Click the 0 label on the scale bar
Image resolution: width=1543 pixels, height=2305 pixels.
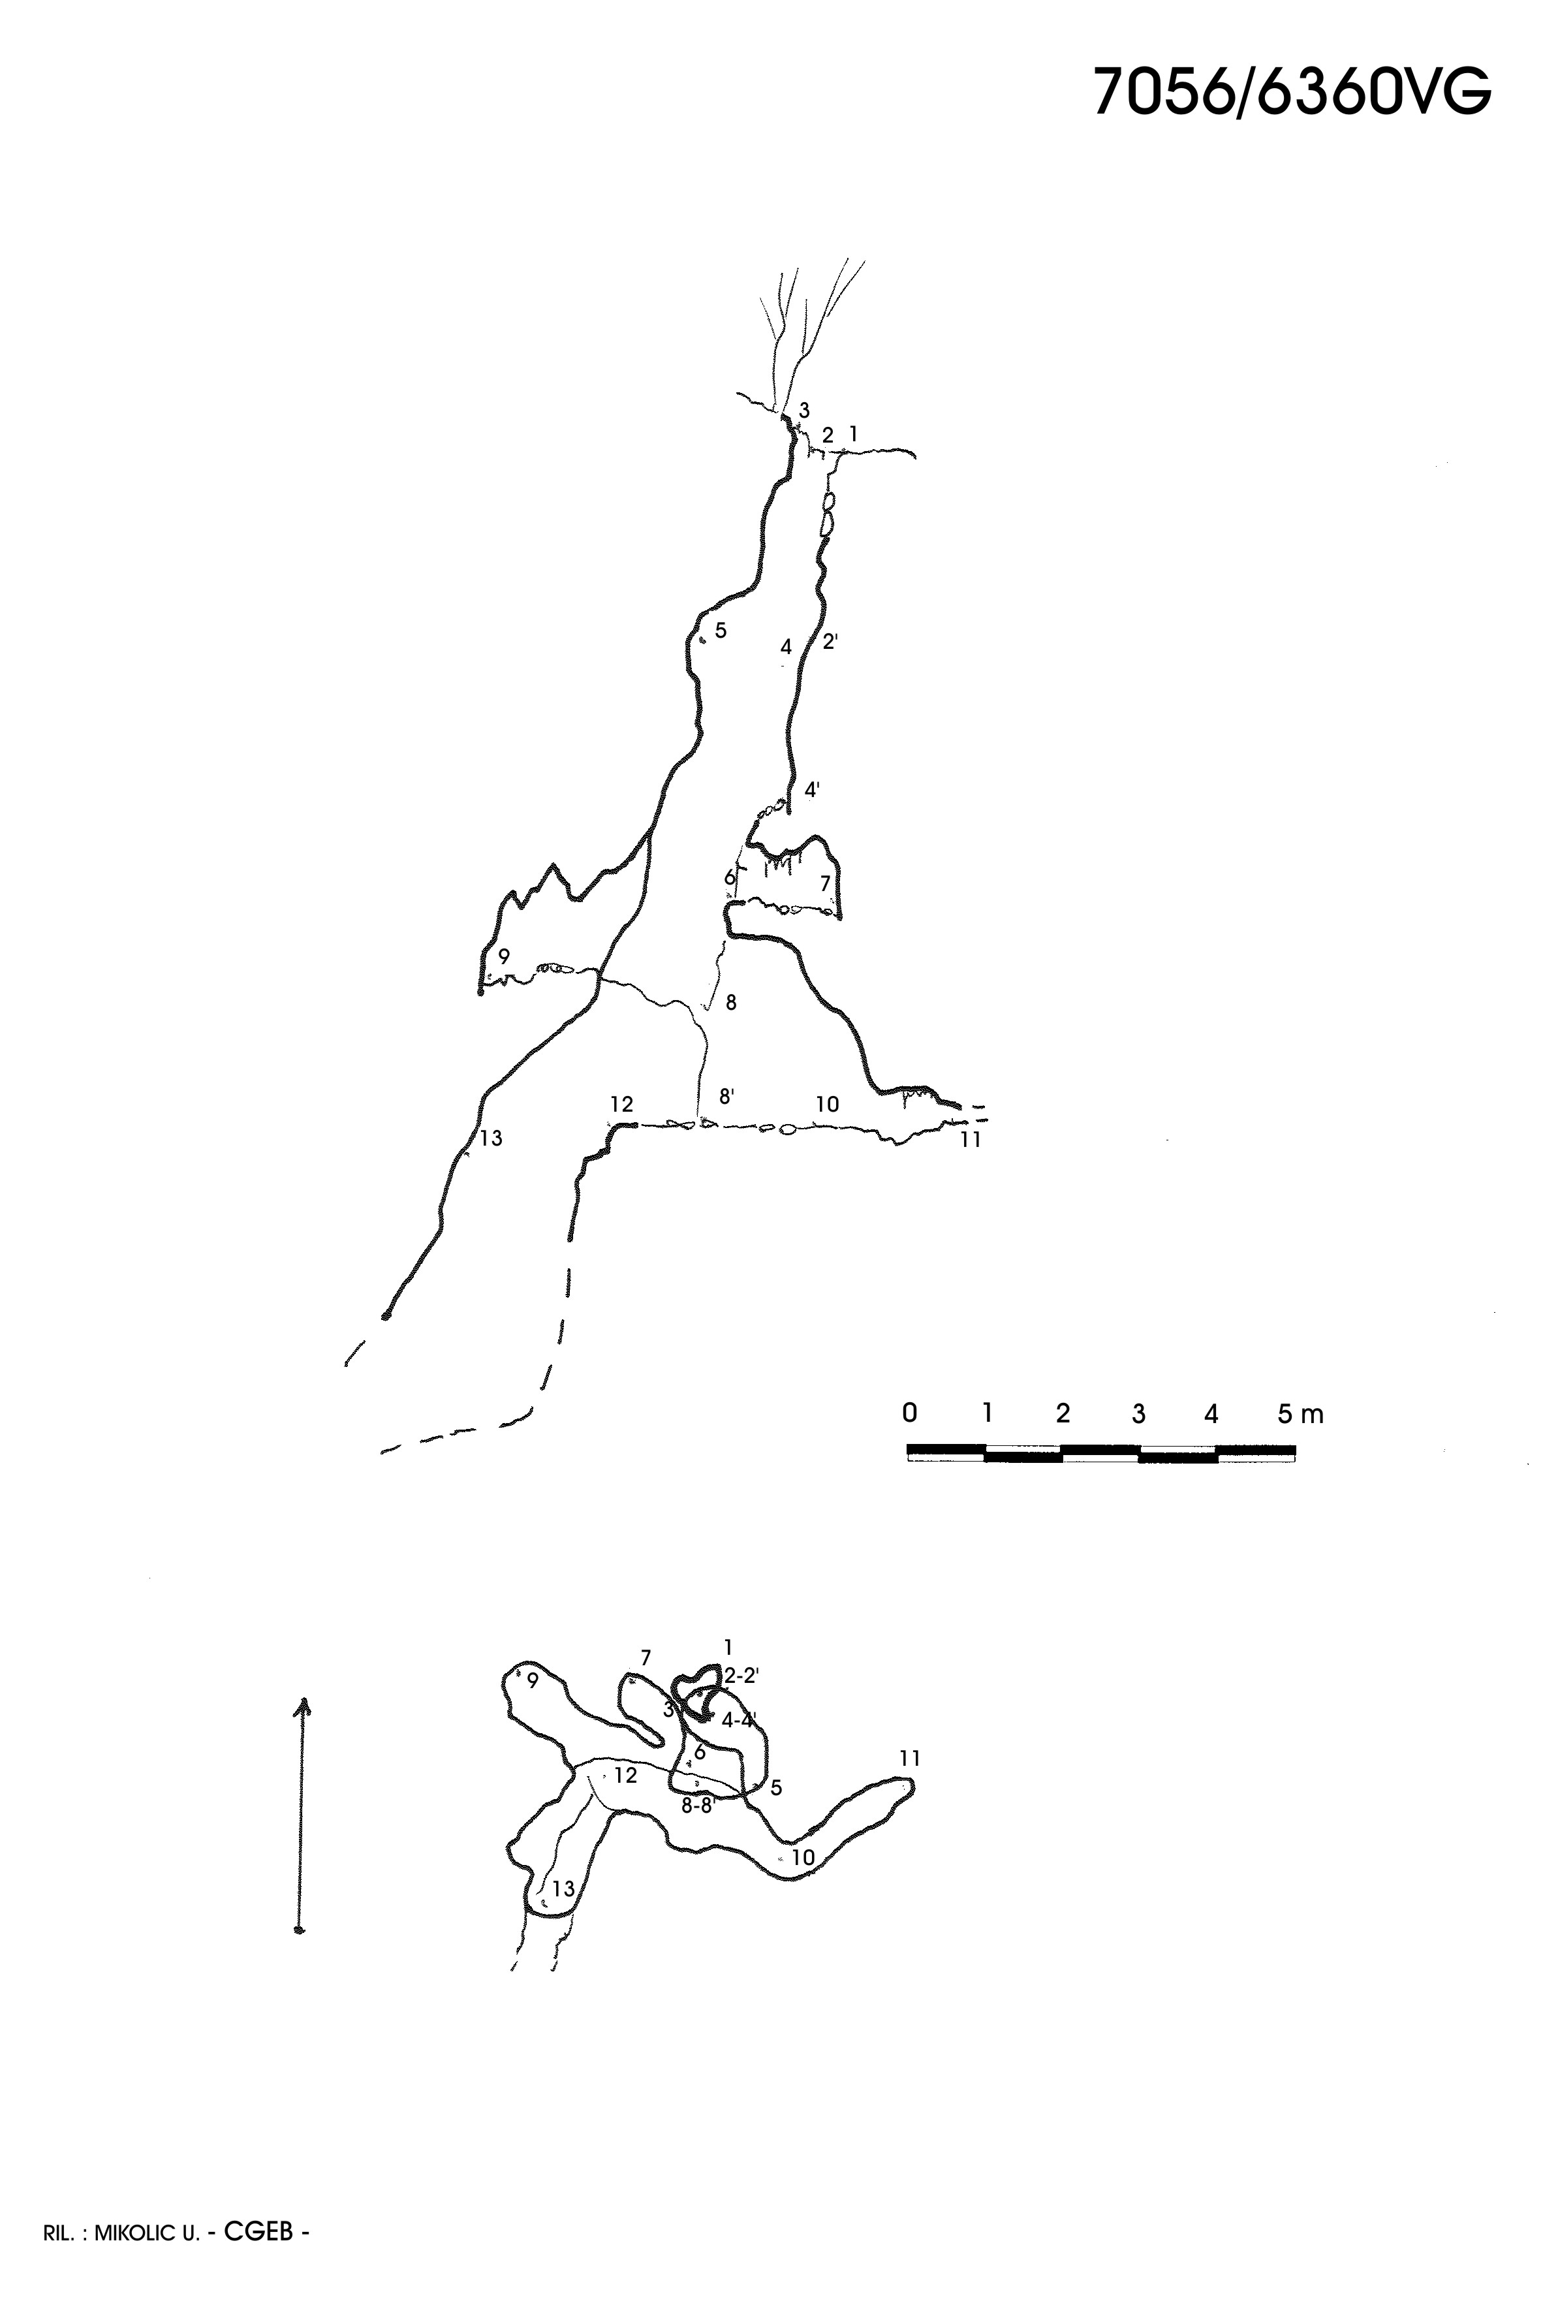point(909,1413)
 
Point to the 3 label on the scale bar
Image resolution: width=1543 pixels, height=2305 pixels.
point(1138,1415)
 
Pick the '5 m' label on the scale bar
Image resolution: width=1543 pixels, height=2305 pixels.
point(1300,1415)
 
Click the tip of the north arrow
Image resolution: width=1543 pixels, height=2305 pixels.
point(303,1699)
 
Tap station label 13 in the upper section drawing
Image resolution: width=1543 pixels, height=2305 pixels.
point(491,1138)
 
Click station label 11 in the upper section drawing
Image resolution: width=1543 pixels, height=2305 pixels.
point(971,1140)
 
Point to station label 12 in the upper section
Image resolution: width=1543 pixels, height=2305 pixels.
point(621,1105)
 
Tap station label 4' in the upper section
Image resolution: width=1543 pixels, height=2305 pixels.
point(813,789)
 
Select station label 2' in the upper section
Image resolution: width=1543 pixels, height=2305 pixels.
point(830,642)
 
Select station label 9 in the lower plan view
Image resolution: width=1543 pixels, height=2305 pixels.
point(533,1681)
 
